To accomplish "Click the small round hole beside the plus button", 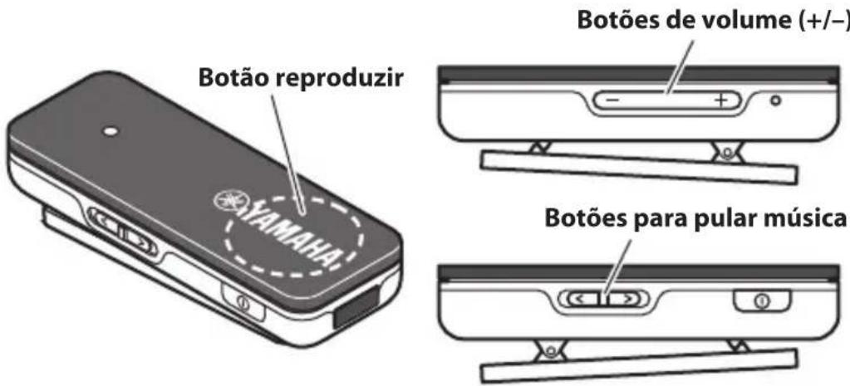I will click(775, 101).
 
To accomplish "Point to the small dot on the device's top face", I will click(108, 131).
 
